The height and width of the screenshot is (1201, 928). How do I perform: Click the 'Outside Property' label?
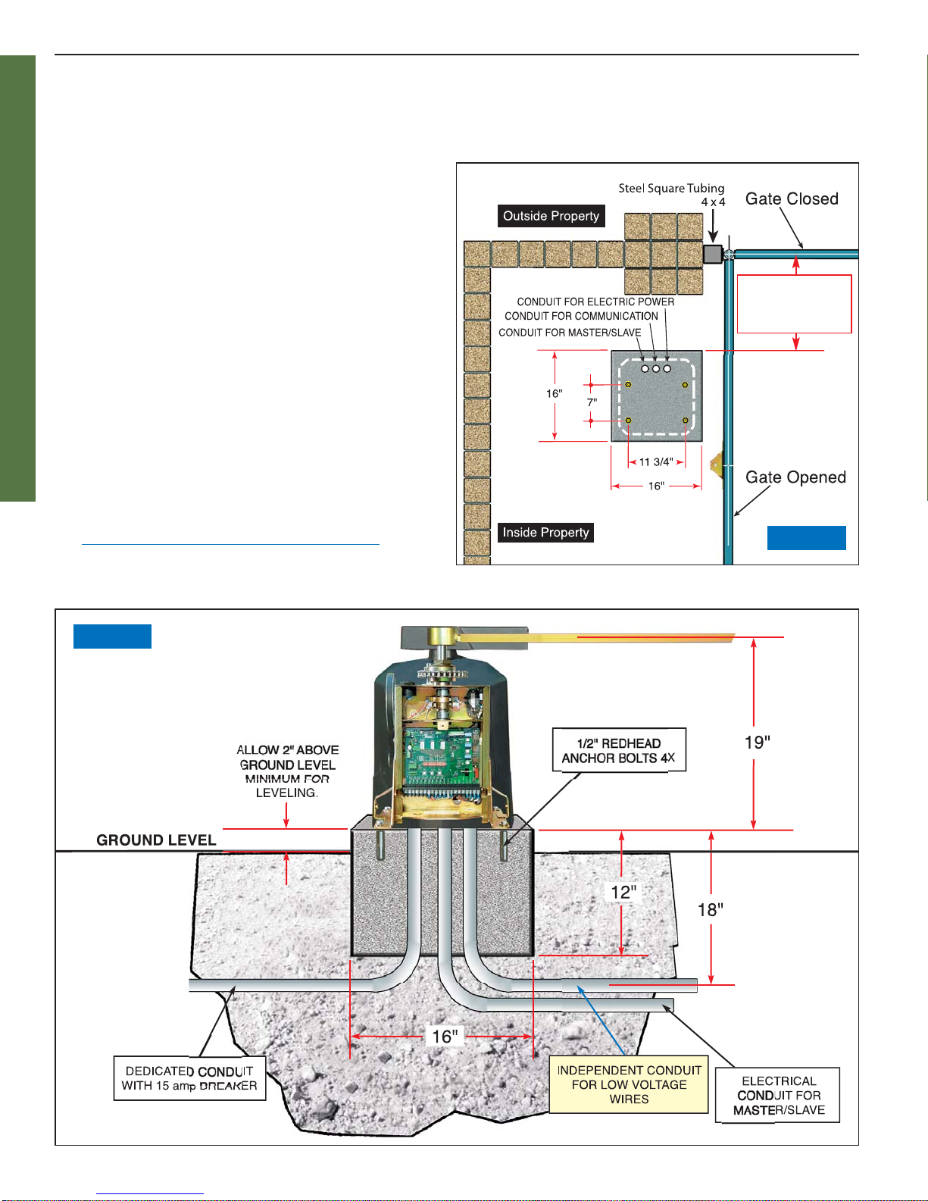pyautogui.click(x=551, y=216)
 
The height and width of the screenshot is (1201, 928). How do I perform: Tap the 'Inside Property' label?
pyautogui.click(x=545, y=533)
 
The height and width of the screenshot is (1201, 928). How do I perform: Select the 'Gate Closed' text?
pyautogui.click(x=792, y=199)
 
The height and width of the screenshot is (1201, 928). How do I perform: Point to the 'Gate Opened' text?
pyautogui.click(x=795, y=477)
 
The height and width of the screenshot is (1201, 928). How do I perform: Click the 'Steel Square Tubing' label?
pyautogui.click(x=671, y=188)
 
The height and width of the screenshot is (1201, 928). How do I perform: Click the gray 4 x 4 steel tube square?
pyautogui.click(x=712, y=254)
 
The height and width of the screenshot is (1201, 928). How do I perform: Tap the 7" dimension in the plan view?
pyautogui.click(x=592, y=402)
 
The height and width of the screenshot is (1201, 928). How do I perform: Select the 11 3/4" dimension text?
pyautogui.click(x=656, y=462)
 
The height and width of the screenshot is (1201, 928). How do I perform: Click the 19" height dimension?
pyautogui.click(x=757, y=743)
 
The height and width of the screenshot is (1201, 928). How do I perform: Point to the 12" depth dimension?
pyautogui.click(x=623, y=893)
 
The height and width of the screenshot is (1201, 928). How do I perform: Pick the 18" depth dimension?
pyautogui.click(x=710, y=910)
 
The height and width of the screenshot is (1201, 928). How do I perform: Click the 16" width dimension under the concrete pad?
pyautogui.click(x=444, y=1037)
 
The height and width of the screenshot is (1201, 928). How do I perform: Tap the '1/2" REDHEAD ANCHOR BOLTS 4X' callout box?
pyautogui.click(x=619, y=750)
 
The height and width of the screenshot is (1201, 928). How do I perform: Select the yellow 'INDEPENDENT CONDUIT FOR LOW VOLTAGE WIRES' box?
pyautogui.click(x=629, y=1084)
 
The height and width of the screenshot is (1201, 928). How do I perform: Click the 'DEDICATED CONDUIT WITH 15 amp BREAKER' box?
pyautogui.click(x=189, y=1078)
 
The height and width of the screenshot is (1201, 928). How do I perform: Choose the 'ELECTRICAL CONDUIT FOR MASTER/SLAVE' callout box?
pyautogui.click(x=778, y=1096)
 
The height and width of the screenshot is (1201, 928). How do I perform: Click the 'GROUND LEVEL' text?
pyautogui.click(x=156, y=840)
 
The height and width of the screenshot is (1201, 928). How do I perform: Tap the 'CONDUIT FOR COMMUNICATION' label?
pyautogui.click(x=581, y=316)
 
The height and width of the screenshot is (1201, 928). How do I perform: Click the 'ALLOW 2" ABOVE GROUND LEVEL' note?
pyautogui.click(x=287, y=771)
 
